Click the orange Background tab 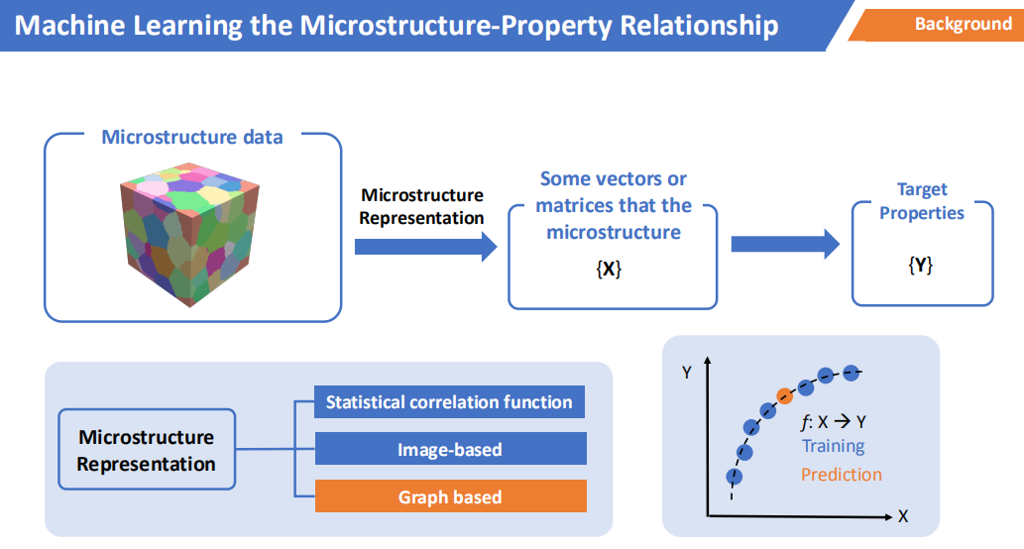click(x=941, y=25)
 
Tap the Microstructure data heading click(x=192, y=137)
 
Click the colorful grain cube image click(x=190, y=235)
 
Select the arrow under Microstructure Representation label click(x=426, y=247)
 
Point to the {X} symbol click(x=609, y=269)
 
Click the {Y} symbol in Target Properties click(x=921, y=265)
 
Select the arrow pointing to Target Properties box click(x=785, y=244)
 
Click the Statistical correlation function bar click(x=449, y=402)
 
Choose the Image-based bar click(x=451, y=449)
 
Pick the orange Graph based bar click(x=451, y=496)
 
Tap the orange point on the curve click(x=785, y=395)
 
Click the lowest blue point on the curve click(x=734, y=477)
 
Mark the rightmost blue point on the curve click(x=851, y=373)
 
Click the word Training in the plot click(x=834, y=447)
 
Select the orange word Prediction click(x=842, y=475)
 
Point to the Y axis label click(x=686, y=373)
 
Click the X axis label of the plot click(x=903, y=516)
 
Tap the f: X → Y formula click(x=834, y=422)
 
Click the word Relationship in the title click(x=699, y=26)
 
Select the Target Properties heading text click(x=922, y=201)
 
